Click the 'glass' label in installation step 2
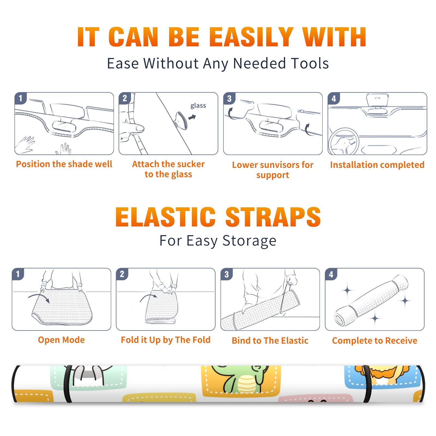point(198,106)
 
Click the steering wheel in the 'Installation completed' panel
point(344,141)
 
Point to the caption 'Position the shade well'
point(64,164)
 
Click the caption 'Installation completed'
point(377,165)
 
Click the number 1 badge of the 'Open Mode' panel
point(18,274)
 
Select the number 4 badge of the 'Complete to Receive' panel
point(331,274)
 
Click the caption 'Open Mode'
point(61,340)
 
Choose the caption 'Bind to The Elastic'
point(270,341)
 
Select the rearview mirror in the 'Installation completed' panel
point(377,100)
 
